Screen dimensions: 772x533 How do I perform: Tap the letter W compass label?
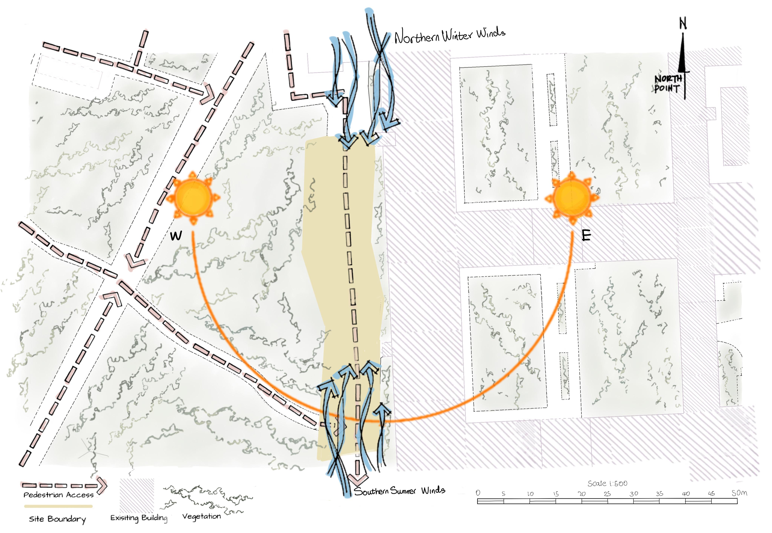[x=176, y=236]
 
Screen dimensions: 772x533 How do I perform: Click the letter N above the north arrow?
[x=683, y=23]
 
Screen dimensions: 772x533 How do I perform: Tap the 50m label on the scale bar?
[x=739, y=493]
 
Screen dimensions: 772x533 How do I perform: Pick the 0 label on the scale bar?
[x=478, y=493]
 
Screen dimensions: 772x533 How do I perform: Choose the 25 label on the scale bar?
[x=607, y=494]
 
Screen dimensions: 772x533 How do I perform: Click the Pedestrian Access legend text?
[x=58, y=495]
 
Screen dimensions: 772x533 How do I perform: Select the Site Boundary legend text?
[x=57, y=519]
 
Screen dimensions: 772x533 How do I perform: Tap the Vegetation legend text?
[x=201, y=516]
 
